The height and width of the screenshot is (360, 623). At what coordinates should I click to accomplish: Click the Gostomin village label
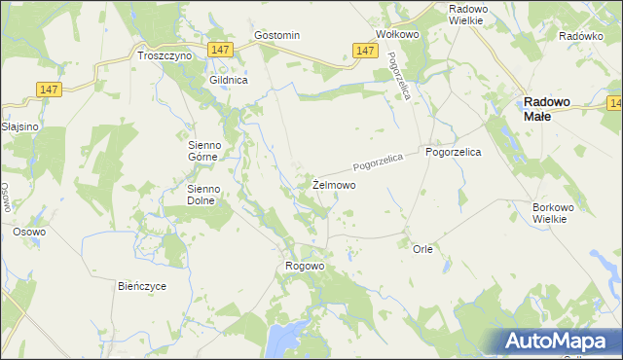tap(276, 35)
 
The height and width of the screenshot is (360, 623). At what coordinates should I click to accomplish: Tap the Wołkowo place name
tap(397, 33)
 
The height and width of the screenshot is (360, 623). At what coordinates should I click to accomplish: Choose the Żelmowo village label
tap(334, 184)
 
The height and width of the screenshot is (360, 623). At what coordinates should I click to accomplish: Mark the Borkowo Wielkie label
tap(557, 213)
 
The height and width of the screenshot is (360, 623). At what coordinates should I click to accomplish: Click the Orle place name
tap(422, 249)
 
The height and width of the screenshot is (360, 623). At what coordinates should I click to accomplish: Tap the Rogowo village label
tap(304, 266)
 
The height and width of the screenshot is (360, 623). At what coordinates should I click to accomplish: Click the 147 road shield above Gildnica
tap(220, 50)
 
